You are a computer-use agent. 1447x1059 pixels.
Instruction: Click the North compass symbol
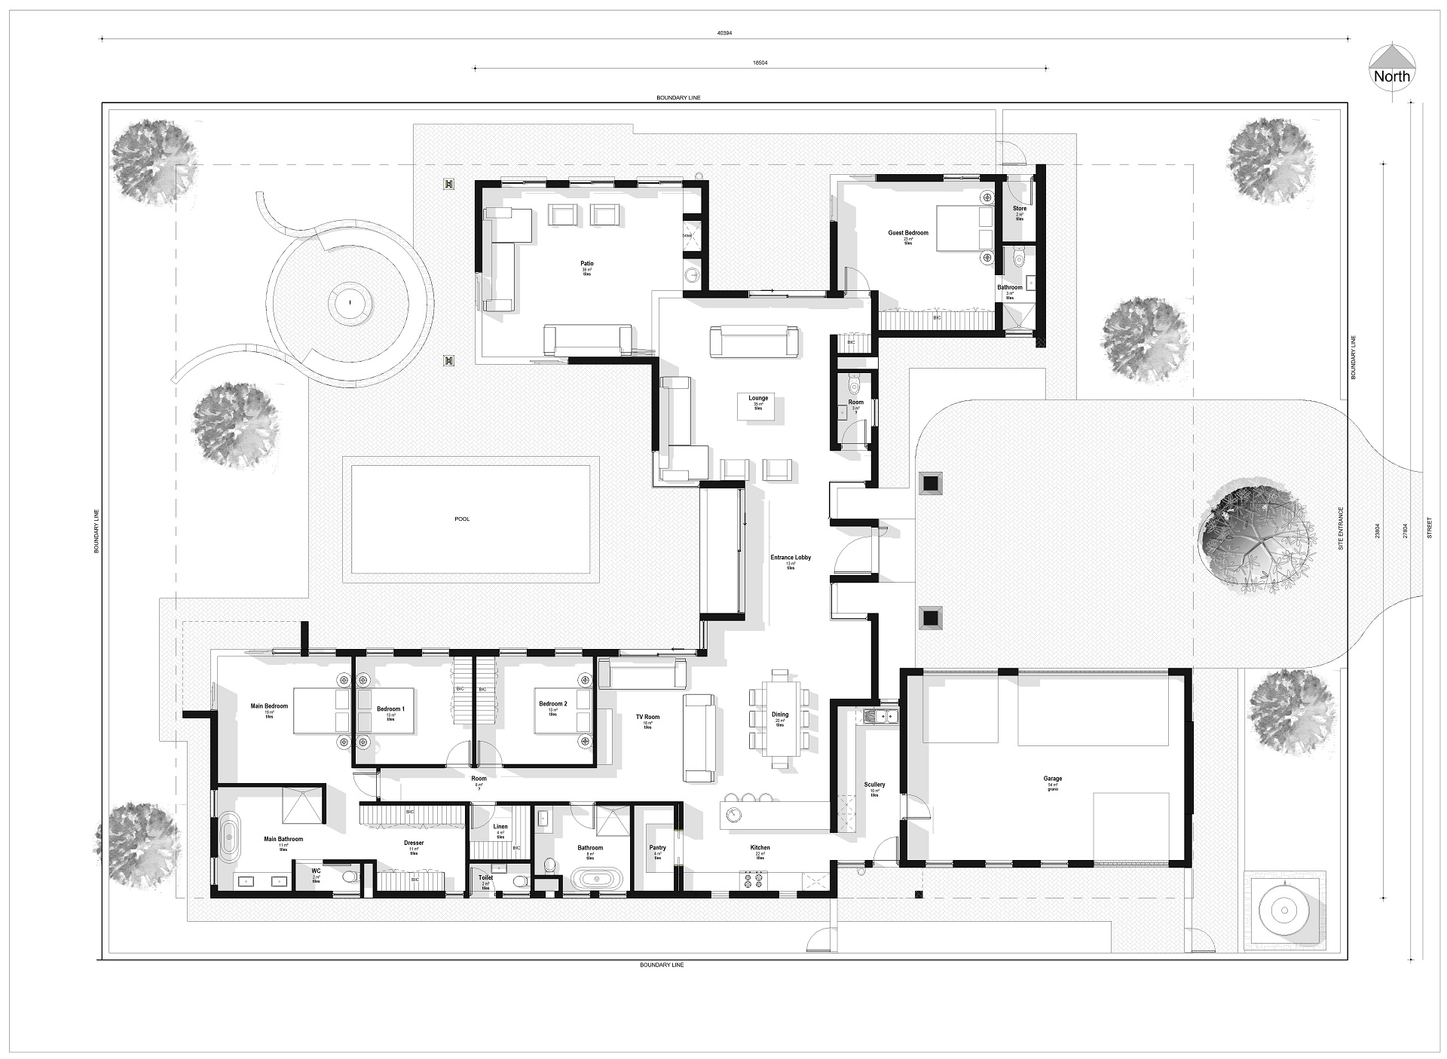(1391, 76)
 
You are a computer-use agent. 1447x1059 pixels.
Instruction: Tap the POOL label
(462, 519)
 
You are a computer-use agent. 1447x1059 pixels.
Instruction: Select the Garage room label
(1052, 779)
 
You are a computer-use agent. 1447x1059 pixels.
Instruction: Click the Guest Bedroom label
(907, 233)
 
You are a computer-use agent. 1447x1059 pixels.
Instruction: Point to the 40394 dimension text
(725, 32)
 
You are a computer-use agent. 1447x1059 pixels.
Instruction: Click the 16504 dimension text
(760, 63)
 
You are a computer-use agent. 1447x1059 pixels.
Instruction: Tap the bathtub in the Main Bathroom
(228, 837)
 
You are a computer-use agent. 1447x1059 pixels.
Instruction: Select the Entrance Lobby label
(791, 558)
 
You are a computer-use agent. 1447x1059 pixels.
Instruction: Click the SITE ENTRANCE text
(1341, 528)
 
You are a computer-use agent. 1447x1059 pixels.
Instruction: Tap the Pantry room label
(657, 848)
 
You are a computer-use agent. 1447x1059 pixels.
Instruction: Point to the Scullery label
(874, 785)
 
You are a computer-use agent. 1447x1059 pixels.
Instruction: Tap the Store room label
(1019, 209)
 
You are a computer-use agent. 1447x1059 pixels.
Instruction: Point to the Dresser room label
(414, 843)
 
